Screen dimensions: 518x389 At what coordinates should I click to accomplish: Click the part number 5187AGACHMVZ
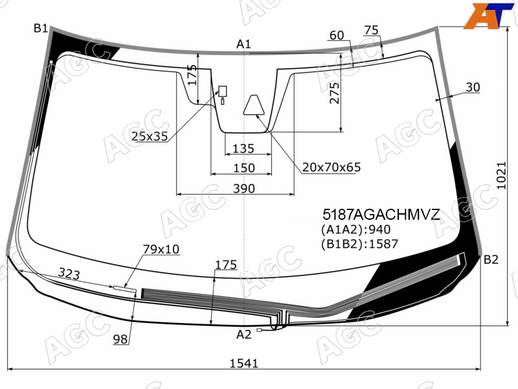[381, 215]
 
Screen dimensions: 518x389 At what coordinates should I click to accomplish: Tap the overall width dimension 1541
[244, 363]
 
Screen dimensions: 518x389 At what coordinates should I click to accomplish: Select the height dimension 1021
[501, 175]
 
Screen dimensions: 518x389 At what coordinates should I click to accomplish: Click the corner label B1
[41, 29]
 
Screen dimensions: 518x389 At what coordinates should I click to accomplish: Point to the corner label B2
[491, 260]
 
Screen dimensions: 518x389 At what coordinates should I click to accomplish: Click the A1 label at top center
[244, 44]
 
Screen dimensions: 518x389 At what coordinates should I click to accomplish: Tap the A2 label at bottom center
[244, 335]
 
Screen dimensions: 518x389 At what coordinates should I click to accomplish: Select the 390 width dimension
[244, 189]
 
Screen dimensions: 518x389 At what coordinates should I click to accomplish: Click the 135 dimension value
[243, 148]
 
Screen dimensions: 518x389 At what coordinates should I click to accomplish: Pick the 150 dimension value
[244, 168]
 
